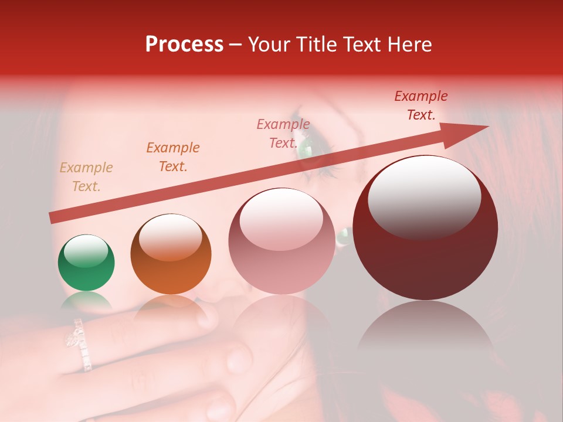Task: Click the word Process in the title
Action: click(184, 45)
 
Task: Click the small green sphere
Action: click(86, 263)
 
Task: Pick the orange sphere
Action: click(171, 254)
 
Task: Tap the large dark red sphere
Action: click(426, 227)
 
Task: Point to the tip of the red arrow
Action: click(487, 126)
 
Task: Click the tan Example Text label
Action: click(86, 177)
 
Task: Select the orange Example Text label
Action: click(173, 157)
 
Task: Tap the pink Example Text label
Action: click(283, 134)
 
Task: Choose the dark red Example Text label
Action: click(421, 105)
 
